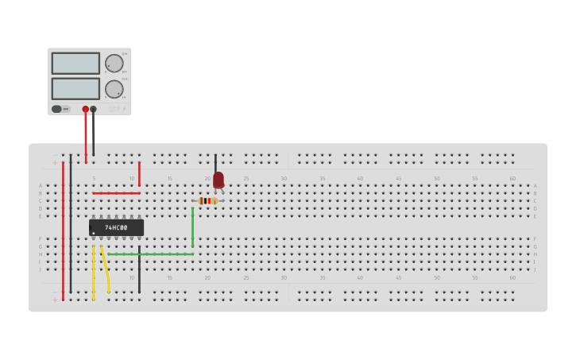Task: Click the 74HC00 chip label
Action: coord(116,228)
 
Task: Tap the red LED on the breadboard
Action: coord(218,180)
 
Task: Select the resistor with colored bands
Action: coord(207,201)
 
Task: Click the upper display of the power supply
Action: coord(75,64)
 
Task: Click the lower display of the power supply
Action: coord(75,88)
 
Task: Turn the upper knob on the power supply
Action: coord(114,64)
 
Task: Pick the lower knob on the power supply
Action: coord(114,89)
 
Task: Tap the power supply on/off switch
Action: coord(57,109)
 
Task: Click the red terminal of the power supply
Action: coord(86,109)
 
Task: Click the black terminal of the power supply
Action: coord(94,109)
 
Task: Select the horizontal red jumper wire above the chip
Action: coord(116,193)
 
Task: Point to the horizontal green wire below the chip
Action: coord(151,254)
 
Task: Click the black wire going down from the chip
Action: coord(139,270)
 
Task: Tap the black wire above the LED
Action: coord(215,162)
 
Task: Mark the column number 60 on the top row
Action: coord(512,179)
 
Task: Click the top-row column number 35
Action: coord(323,179)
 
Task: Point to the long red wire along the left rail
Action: coord(63,230)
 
